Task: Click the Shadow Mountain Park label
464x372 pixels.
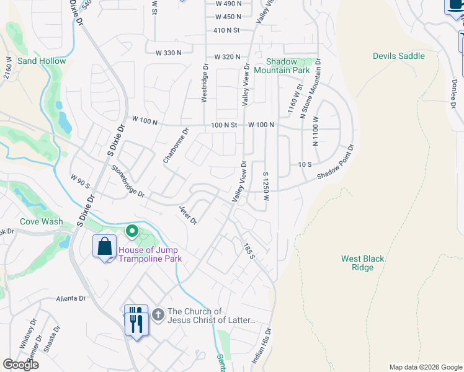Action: (288, 66)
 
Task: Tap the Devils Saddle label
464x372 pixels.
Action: (398, 56)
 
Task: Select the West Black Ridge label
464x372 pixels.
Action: (363, 263)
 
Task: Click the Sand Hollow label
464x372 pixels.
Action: (42, 61)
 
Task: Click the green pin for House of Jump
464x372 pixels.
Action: (132, 232)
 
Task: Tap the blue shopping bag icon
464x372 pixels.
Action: (104, 247)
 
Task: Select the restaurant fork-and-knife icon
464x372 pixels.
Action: (136, 320)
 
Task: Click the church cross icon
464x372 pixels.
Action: (158, 315)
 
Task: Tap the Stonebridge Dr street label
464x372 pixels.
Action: (128, 181)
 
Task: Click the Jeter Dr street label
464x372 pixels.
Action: (188, 215)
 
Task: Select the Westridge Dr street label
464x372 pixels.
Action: (204, 82)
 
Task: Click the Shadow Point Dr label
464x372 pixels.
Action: (336, 162)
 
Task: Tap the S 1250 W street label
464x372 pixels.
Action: (265, 187)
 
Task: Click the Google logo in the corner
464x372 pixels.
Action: (20, 365)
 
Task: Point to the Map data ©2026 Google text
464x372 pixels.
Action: (425, 367)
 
